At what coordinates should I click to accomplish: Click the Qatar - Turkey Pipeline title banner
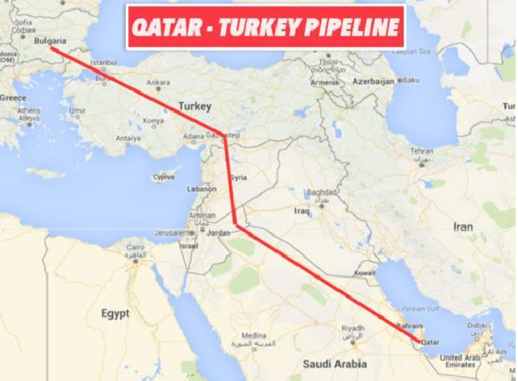266,27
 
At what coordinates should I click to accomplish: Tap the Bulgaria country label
50,41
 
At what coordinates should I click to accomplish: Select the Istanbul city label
104,62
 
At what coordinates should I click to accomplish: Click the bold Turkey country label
195,107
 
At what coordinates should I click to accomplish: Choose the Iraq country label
302,211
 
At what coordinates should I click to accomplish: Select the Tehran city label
422,151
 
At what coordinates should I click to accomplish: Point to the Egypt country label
115,313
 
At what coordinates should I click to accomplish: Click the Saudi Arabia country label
335,363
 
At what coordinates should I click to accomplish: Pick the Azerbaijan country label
373,81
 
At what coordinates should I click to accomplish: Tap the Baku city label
411,80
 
